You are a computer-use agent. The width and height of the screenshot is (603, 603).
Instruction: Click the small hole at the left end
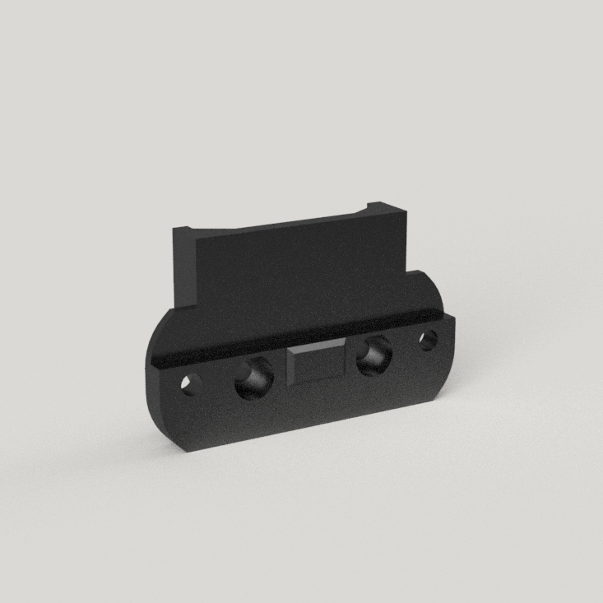[191, 384]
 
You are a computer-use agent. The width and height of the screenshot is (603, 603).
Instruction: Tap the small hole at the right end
[428, 339]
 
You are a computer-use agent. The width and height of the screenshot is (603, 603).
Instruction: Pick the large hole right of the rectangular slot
[373, 355]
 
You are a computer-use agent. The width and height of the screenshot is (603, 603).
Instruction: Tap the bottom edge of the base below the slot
[317, 423]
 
